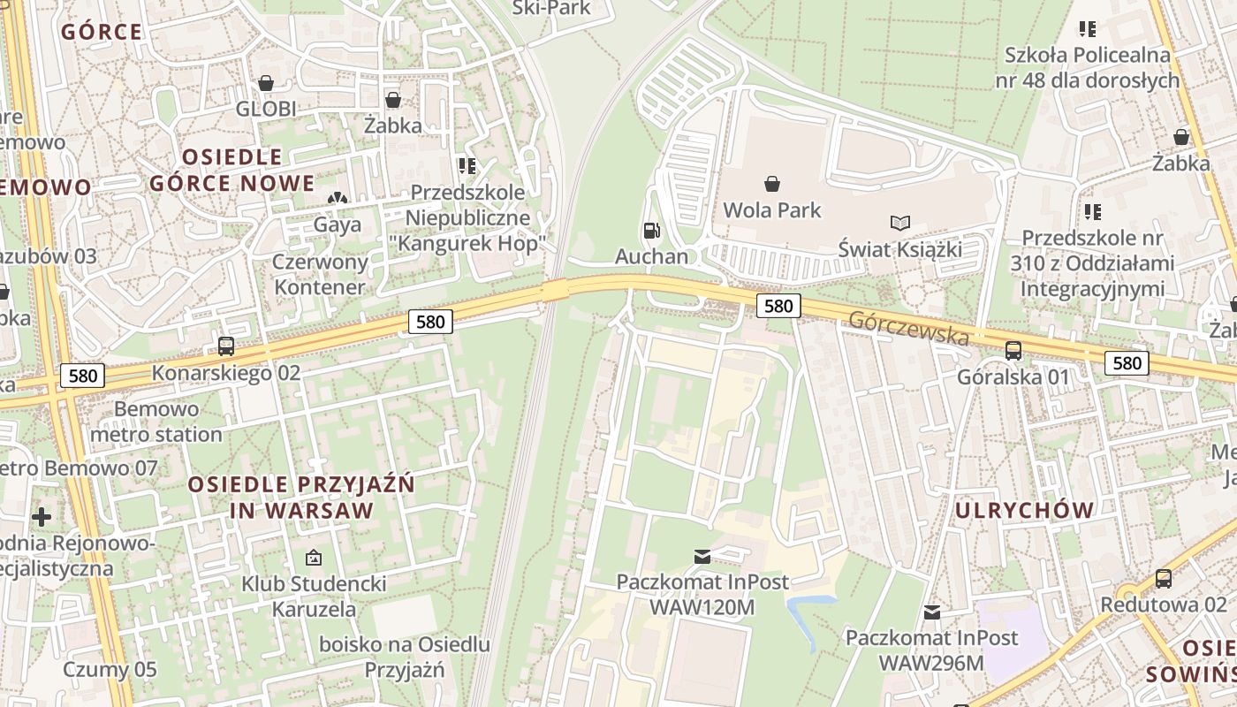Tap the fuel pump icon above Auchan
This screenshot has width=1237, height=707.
coord(651,231)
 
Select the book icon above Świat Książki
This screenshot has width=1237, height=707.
coord(899,223)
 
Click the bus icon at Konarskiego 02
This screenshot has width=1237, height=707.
coord(226,346)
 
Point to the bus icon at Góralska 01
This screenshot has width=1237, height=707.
coord(1013,351)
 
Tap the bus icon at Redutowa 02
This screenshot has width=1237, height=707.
coord(1164,579)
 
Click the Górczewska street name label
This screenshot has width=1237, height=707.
coord(908,328)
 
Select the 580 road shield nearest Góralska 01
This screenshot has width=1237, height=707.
coord(1127,362)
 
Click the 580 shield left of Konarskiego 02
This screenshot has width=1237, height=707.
coord(83,376)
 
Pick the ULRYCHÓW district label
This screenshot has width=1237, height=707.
coord(1024,510)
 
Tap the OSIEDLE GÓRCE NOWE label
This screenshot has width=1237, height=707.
coord(231,171)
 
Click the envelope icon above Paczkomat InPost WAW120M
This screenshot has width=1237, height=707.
coord(702,556)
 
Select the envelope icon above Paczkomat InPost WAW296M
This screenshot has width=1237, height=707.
coord(931,612)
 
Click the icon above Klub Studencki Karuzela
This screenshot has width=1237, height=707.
coord(313,558)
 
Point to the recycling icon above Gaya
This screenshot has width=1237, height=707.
coord(337,200)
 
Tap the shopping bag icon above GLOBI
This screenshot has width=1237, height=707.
coord(265,83)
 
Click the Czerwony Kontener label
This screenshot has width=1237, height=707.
coord(319,275)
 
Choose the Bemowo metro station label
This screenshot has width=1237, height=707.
coord(156,422)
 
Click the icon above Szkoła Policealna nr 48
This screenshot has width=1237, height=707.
coord(1088,29)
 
